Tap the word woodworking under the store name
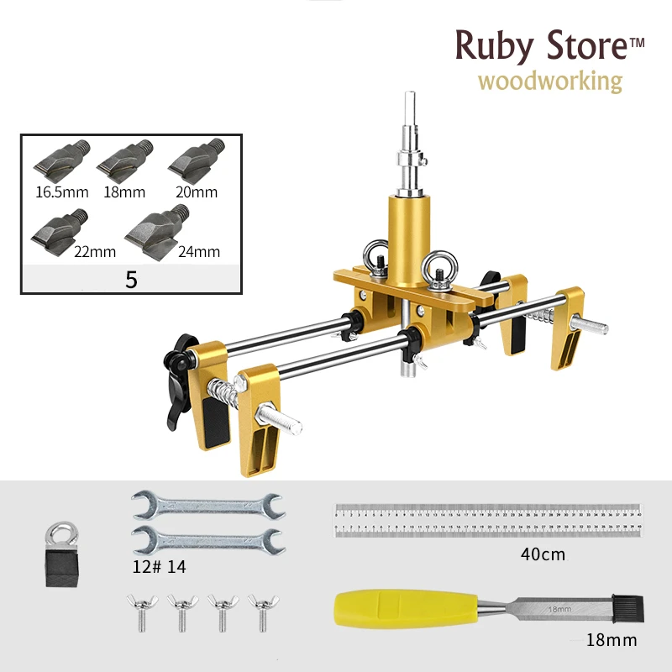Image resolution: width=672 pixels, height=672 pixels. (550, 81)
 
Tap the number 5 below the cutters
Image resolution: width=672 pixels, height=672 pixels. (131, 280)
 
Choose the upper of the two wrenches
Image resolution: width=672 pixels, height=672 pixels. (208, 506)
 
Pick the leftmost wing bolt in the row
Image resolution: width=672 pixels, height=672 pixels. (140, 611)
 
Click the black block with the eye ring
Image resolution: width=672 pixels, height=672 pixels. (60, 555)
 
